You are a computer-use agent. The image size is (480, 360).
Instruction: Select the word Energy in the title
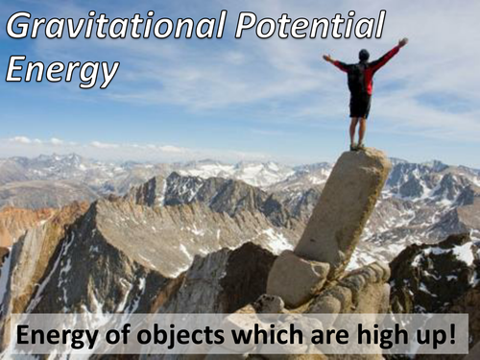[62, 69]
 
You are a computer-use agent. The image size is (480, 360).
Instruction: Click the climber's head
[363, 56]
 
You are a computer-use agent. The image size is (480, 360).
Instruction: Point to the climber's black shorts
[360, 105]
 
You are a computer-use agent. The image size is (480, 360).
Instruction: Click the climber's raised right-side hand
[402, 42]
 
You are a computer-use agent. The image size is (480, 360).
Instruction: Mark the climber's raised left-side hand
[325, 58]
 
